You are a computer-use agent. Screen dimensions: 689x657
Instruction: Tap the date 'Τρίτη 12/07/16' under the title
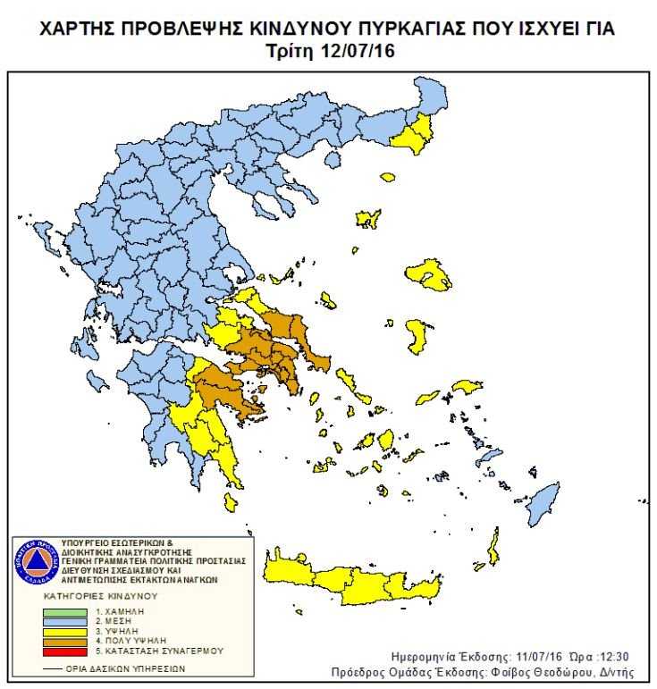(330, 51)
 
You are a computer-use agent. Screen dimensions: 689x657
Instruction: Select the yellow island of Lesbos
(429, 275)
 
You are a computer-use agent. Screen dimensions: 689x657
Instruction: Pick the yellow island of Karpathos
(493, 544)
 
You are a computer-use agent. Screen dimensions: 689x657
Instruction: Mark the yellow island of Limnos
(366, 218)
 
